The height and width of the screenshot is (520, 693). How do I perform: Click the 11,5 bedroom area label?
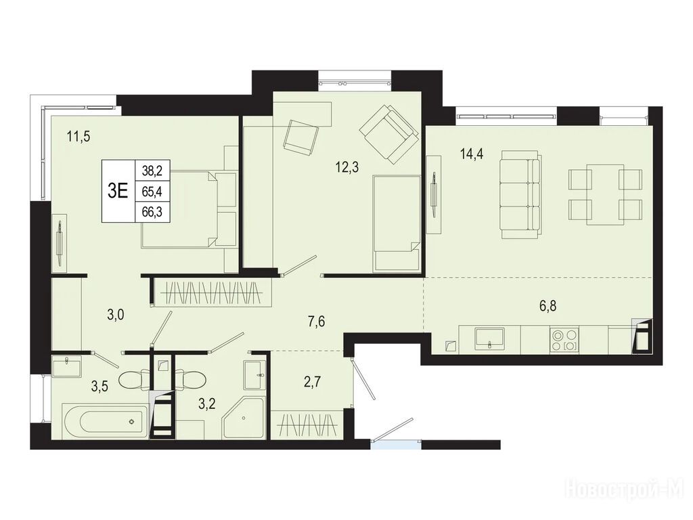coord(79,137)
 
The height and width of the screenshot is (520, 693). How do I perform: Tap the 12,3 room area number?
coord(347,167)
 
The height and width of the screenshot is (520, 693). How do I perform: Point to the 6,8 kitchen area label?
coord(547,305)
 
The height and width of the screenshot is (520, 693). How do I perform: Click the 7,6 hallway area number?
coord(317,322)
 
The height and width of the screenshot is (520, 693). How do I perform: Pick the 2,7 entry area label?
coord(311,381)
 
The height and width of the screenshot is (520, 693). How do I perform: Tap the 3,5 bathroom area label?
coord(99,387)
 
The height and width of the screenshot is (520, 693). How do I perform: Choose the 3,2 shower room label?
coord(207,404)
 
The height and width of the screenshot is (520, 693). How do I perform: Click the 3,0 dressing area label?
coord(115,315)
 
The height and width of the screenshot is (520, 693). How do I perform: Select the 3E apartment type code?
coord(118,191)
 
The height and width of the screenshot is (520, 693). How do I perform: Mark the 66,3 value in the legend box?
coord(152,212)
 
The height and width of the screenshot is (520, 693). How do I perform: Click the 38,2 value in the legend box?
coord(152,169)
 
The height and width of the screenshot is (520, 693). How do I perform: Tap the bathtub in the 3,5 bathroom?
coord(104,421)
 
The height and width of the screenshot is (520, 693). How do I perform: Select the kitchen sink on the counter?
coord(490,339)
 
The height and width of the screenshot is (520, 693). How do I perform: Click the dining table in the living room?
coord(606,194)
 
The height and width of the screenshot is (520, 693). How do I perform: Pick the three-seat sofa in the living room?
coord(520,195)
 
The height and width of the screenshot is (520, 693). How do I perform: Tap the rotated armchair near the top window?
coord(389,134)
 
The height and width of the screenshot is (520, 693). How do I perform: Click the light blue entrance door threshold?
coord(396,444)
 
